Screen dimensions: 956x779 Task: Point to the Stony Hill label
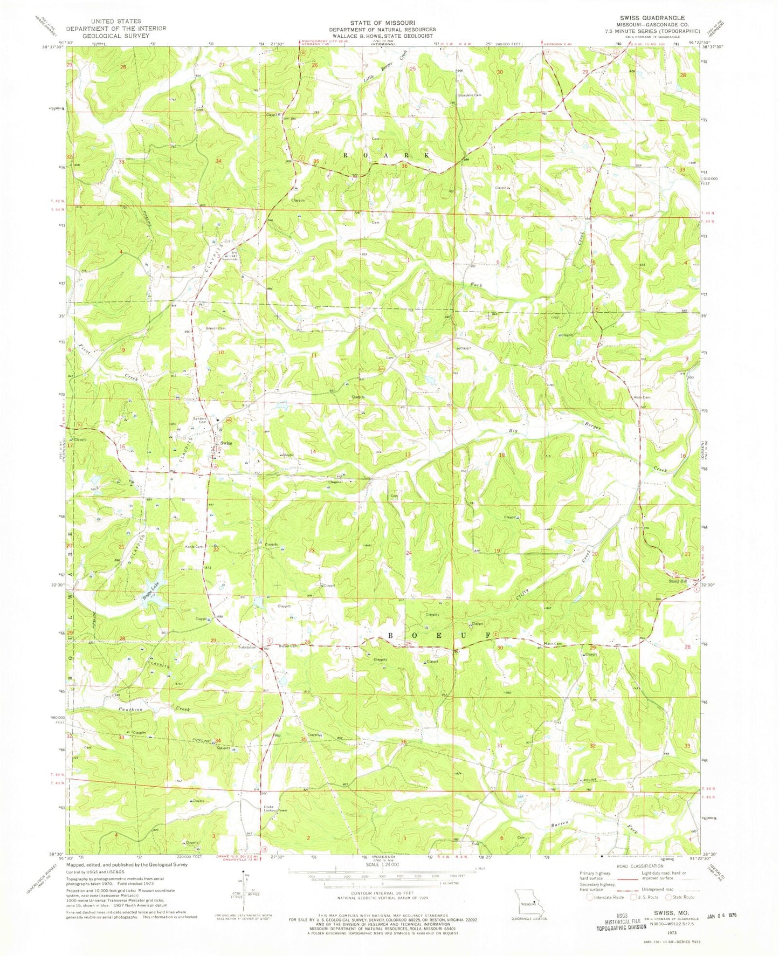click(x=680, y=581)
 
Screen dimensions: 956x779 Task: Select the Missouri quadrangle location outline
click(x=528, y=903)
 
